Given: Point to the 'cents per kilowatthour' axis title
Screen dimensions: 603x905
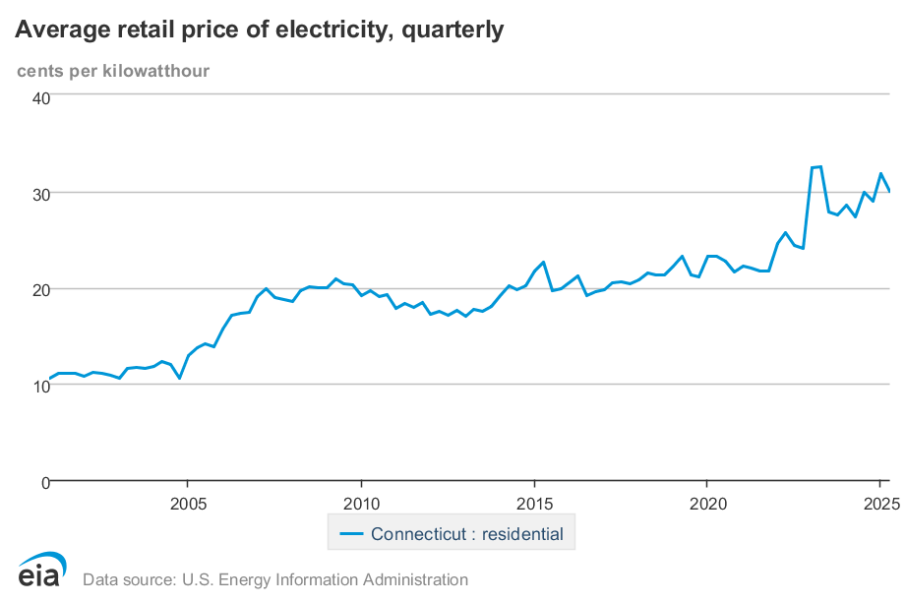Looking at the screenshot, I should tap(113, 70).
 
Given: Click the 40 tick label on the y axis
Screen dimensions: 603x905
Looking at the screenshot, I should tap(40, 97).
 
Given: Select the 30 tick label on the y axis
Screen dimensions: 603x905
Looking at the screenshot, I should tap(40, 193).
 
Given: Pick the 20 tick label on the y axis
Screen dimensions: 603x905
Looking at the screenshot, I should tap(40, 289).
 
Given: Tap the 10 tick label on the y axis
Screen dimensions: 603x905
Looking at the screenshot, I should tap(40, 386).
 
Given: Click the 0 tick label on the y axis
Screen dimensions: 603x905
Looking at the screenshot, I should tap(44, 482).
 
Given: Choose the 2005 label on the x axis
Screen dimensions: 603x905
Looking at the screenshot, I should tap(188, 505).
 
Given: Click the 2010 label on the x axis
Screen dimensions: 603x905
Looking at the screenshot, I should tap(361, 505).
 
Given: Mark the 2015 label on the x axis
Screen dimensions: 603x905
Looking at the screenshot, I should tap(534, 505).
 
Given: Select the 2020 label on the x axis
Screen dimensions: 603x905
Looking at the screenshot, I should tap(707, 505).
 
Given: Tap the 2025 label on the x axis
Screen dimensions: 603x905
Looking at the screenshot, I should tap(880, 505).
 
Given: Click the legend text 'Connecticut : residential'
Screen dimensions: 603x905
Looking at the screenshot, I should tap(467, 535).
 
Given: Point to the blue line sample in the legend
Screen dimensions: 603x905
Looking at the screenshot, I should tap(351, 535).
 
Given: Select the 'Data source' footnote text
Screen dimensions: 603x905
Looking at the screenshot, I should tap(275, 579).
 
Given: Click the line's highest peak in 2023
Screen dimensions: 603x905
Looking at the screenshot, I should tap(820, 166).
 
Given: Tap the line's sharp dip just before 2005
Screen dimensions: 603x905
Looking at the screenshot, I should tap(179, 378).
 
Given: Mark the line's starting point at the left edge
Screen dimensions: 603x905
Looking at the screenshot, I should tap(49, 379).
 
